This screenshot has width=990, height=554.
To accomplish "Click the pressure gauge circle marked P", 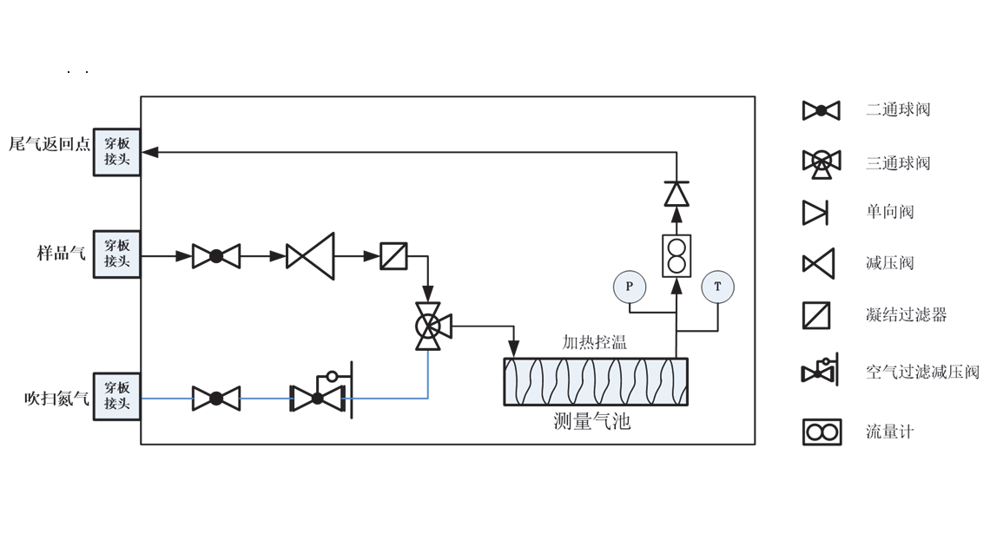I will point(630,287).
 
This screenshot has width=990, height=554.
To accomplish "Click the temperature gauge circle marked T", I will point(718,287).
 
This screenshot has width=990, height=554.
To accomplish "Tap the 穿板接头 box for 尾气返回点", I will point(117,152).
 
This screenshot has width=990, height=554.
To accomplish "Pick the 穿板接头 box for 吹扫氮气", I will point(117,396).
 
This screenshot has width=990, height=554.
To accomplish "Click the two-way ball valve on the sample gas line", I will point(216,256).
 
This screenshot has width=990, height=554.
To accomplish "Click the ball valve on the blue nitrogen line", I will point(216,399).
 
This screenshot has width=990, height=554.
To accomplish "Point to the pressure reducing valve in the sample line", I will point(311,256).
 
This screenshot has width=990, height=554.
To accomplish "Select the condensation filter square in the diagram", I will point(394,256).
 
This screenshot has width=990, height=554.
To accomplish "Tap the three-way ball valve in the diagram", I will point(428,326).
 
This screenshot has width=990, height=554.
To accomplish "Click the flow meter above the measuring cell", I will point(676,255).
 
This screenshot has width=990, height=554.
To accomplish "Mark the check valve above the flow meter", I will point(676,194).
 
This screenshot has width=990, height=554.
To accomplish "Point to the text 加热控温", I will point(594,342).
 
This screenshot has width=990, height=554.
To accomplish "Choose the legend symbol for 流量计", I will point(822,432).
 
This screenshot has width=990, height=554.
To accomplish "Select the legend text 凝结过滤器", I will point(906,315).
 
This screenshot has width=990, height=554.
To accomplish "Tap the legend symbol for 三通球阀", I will point(821,162).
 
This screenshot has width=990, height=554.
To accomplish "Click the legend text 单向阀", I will point(889,212).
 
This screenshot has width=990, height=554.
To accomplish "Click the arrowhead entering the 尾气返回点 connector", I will point(150,152).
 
